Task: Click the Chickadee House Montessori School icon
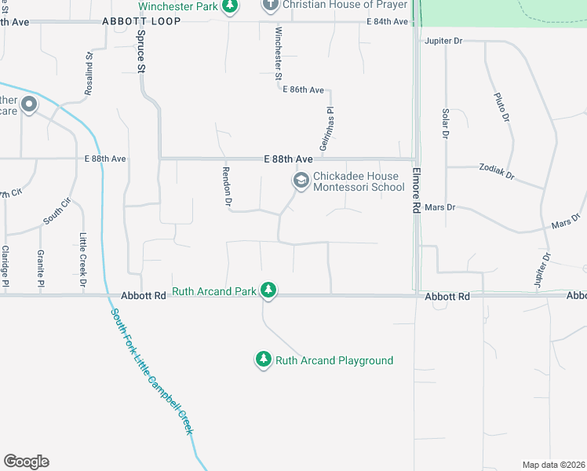coord(300,181)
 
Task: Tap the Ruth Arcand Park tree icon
coord(268,290)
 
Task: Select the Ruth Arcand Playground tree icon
coord(263,360)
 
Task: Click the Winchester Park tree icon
coord(229,7)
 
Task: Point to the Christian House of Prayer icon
coord(271,5)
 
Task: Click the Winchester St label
coord(278,53)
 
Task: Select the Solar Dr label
coord(445,124)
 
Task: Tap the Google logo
coord(26,462)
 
